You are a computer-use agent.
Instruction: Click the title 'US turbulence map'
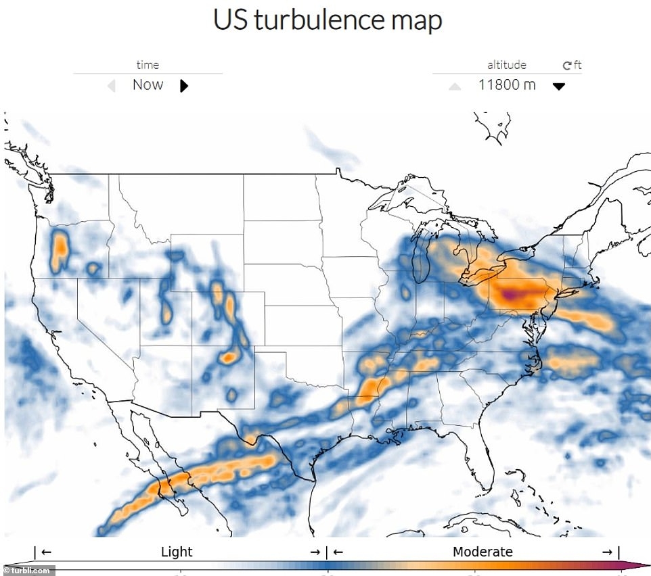tap(328, 20)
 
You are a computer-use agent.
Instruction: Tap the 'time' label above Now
tap(148, 65)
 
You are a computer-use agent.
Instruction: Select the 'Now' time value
tap(148, 85)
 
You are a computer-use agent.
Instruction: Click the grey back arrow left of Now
tap(112, 86)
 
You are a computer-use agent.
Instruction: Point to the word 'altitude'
tap(506, 65)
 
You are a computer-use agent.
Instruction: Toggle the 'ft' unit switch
tap(573, 66)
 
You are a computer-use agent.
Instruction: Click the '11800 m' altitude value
tap(507, 85)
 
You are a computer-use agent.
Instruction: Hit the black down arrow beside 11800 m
tap(558, 87)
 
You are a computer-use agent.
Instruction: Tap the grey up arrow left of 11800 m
tap(455, 87)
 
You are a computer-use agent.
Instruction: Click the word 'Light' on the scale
tap(177, 552)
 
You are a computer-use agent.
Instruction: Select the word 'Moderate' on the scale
tap(482, 552)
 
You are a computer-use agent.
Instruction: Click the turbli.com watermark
tap(27, 571)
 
